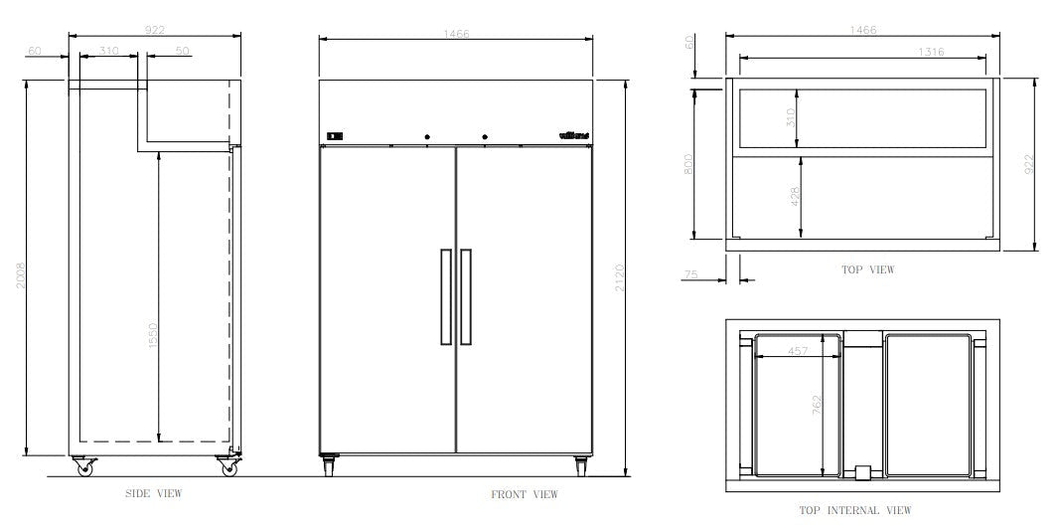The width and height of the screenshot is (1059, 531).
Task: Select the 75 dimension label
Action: pyautogui.click(x=690, y=273)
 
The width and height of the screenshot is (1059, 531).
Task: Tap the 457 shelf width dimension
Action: pyautogui.click(x=798, y=350)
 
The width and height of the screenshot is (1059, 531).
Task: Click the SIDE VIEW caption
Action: pyautogui.click(x=154, y=493)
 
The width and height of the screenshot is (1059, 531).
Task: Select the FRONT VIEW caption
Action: pyautogui.click(x=525, y=494)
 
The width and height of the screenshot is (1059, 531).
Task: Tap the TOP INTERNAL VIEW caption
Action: pyautogui.click(x=855, y=510)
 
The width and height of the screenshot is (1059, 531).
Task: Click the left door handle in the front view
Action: pyautogui.click(x=444, y=296)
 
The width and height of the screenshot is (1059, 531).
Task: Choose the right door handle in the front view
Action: pyautogui.click(x=466, y=296)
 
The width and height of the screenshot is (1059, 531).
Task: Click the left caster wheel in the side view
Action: pyautogui.click(x=80, y=466)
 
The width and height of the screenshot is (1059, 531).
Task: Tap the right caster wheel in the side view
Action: pyautogui.click(x=229, y=466)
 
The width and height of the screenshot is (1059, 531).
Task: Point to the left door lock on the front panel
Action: pyautogui.click(x=427, y=136)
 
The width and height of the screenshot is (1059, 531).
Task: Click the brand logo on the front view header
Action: pyautogui.click(x=573, y=136)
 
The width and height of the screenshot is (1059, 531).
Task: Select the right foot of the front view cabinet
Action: pyautogui.click(x=580, y=464)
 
